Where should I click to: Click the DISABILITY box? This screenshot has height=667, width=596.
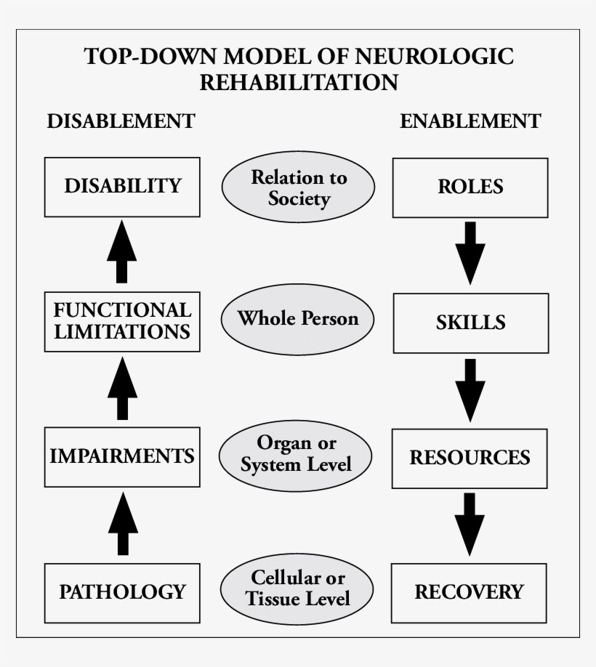click(122, 187)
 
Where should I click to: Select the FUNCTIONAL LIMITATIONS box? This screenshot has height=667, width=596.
click(122, 321)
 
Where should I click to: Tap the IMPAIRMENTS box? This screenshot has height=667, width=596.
click(122, 456)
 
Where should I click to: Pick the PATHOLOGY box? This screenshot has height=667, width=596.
click(122, 591)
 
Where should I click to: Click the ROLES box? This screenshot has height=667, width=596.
click(470, 187)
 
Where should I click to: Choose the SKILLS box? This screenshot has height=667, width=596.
click(470, 323)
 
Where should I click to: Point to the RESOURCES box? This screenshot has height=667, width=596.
click(470, 458)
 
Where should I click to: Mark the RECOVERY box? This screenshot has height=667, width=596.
click(470, 591)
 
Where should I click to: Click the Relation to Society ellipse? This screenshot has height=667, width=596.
click(299, 187)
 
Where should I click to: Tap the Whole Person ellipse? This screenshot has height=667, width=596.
click(298, 319)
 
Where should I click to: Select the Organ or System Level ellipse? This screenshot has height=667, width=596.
click(297, 454)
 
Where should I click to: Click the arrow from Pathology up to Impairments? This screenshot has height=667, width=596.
click(122, 523)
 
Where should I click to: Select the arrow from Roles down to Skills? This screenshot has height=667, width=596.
click(470, 254)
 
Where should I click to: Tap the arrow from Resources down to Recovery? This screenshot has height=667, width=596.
click(470, 524)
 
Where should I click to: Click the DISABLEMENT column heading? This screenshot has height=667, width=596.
click(121, 121)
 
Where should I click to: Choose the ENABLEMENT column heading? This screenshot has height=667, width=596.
click(470, 121)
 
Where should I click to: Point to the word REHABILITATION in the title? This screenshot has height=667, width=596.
click(299, 82)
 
